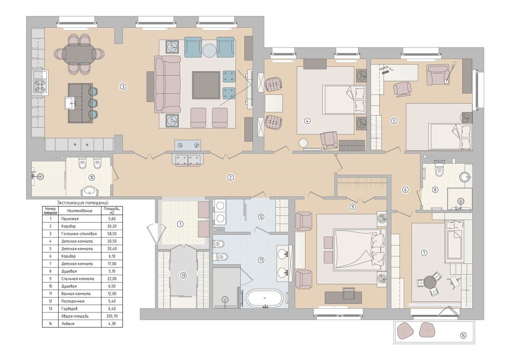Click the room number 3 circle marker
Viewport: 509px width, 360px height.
click(x=123, y=87)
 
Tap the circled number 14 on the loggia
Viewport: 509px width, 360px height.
click(x=463, y=335)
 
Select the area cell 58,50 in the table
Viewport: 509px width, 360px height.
click(x=112, y=234)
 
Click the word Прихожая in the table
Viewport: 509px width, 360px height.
click(x=70, y=219)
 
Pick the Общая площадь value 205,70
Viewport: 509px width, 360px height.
click(x=112, y=316)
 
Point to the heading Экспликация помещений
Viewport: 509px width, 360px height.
click(x=83, y=203)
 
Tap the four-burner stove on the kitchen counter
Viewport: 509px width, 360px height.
click(x=40, y=86)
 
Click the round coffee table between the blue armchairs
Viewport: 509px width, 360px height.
click(x=209, y=50)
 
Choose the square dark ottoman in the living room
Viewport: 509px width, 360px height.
click(x=206, y=85)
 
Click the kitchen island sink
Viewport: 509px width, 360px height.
click(x=71, y=103)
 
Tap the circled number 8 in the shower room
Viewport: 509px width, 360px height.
click(x=435, y=190)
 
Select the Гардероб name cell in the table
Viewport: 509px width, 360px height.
click(x=69, y=309)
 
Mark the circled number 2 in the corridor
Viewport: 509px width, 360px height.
click(x=230, y=178)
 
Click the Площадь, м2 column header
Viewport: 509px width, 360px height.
click(x=112, y=211)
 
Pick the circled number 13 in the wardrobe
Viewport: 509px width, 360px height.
click(x=183, y=276)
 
